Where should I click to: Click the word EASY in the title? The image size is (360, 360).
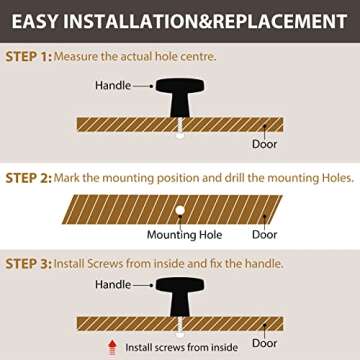[x=35, y=21]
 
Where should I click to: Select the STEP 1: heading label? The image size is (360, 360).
[x=29, y=57]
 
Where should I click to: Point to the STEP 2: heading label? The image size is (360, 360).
[x=29, y=178]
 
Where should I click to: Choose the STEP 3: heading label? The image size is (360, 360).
[x=29, y=264]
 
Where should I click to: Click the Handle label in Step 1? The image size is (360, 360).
[x=113, y=85]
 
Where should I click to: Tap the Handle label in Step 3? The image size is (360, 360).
[x=113, y=284]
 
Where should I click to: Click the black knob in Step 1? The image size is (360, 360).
[x=180, y=97]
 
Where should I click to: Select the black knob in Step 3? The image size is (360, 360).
[x=180, y=297]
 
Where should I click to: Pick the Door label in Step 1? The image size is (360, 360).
[x=265, y=144]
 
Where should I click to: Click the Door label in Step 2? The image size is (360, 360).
[x=265, y=235]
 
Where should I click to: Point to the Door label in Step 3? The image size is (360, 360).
[x=265, y=343]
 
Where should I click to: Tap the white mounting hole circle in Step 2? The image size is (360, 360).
[x=180, y=210]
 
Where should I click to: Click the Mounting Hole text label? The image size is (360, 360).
[x=184, y=235]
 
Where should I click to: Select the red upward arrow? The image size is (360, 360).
[x=113, y=347]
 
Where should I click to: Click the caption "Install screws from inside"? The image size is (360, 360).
[x=182, y=348]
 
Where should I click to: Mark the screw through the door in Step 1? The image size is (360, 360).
[x=180, y=128]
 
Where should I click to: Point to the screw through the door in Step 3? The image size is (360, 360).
[x=180, y=327]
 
